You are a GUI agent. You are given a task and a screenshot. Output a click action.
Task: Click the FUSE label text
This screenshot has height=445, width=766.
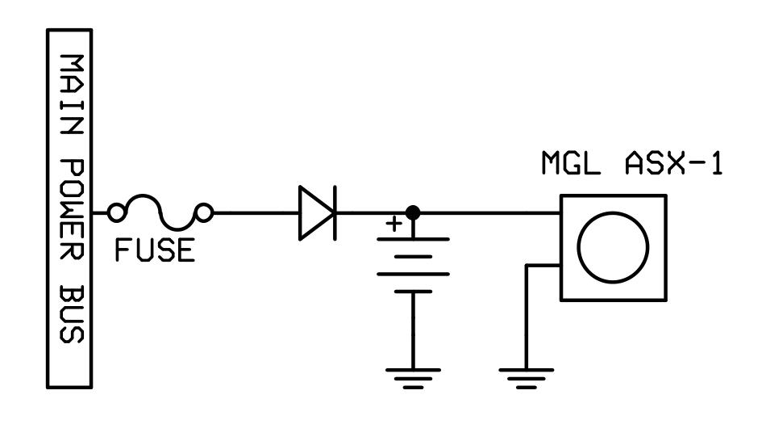154,250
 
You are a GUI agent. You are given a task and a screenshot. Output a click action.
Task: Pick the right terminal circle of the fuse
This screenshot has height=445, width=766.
206,212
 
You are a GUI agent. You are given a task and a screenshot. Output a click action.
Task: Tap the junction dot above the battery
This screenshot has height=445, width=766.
413,212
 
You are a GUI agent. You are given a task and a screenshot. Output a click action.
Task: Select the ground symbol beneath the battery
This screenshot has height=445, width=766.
413,376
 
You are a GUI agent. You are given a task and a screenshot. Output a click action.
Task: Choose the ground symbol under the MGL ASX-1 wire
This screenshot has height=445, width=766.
525,376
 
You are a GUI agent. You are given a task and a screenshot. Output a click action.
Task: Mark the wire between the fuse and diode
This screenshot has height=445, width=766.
254,212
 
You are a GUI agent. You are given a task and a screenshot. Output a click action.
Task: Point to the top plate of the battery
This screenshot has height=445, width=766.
413,239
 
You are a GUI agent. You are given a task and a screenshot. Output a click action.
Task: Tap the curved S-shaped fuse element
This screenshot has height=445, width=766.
160,212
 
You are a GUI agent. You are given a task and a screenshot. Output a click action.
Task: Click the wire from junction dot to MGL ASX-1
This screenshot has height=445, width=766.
488,212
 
